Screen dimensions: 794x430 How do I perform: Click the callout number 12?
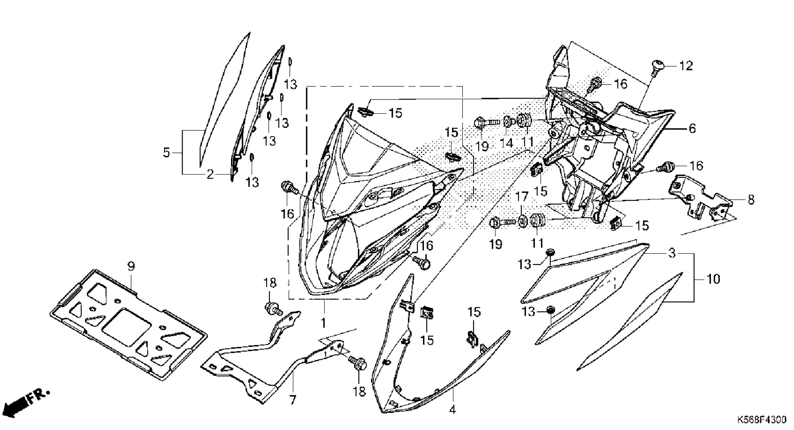pyautogui.click(x=686, y=66)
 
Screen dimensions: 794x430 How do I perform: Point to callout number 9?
pyautogui.click(x=131, y=267)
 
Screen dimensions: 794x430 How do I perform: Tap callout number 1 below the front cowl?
pyautogui.click(x=323, y=323)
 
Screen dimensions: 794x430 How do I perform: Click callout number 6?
pyautogui.click(x=692, y=128)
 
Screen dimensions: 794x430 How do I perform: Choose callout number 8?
pyautogui.click(x=751, y=200)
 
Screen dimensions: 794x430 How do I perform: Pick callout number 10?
pyautogui.click(x=713, y=279)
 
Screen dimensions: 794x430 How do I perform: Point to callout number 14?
pyautogui.click(x=506, y=143)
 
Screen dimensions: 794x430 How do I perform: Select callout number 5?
pyautogui.click(x=167, y=153)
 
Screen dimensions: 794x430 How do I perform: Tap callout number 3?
pyautogui.click(x=672, y=253)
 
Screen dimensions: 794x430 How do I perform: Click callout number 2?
pyautogui.click(x=210, y=175)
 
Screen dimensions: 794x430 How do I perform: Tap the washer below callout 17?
pyautogui.click(x=522, y=221)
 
